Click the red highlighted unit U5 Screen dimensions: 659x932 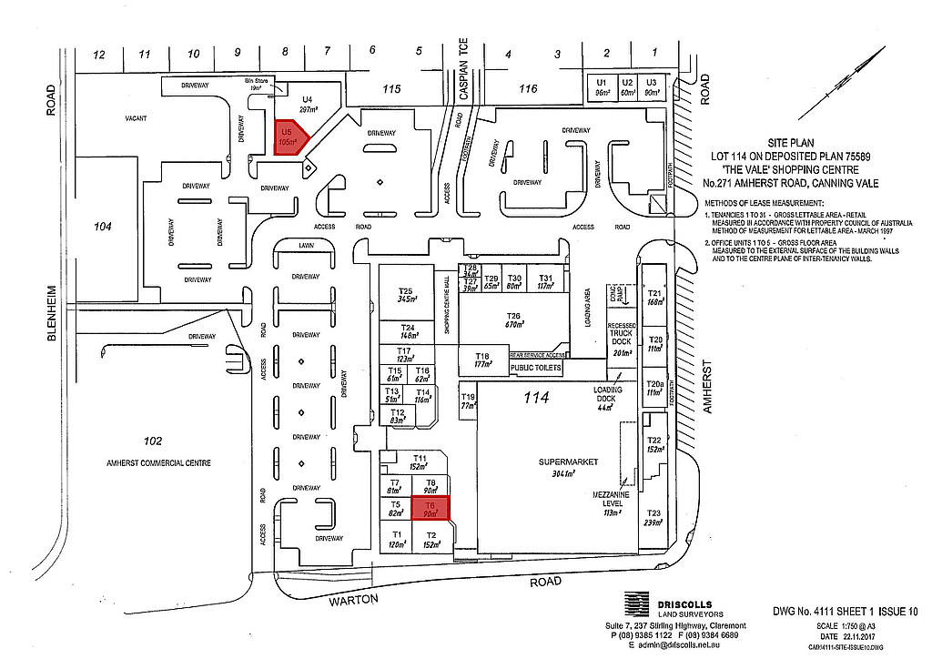pyautogui.click(x=290, y=137)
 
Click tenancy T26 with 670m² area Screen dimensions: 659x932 pyautogui.click(x=516, y=320)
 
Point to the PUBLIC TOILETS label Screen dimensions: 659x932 pyautogui.click(x=536, y=369)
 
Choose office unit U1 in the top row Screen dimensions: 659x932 pyautogui.click(x=602, y=87)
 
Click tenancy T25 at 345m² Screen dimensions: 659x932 pyautogui.click(x=406, y=294)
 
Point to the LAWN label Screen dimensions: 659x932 pyautogui.click(x=306, y=246)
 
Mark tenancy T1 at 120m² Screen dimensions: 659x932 pyautogui.click(x=396, y=539)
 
